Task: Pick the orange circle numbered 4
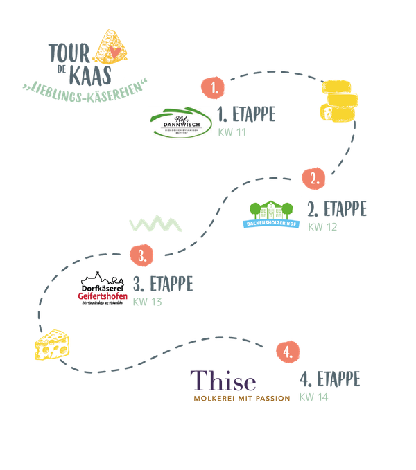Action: click(287, 351)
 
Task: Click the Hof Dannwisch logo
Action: click(180, 123)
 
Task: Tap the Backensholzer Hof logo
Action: click(271, 216)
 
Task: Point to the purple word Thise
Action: click(223, 381)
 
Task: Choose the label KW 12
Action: click(323, 226)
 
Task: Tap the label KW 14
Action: click(314, 397)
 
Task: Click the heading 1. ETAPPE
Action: click(245, 115)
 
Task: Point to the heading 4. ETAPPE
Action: click(329, 379)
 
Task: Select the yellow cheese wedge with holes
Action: click(52, 344)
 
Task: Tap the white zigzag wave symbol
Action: click(156, 225)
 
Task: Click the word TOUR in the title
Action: click(69, 51)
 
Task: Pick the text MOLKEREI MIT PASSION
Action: click(242, 399)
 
